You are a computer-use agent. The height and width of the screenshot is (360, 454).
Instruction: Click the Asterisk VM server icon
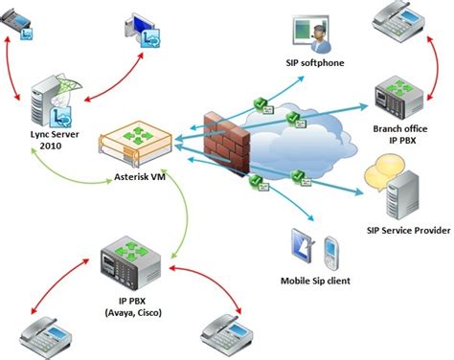tap(136, 144)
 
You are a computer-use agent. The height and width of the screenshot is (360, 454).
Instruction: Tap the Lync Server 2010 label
tap(55, 140)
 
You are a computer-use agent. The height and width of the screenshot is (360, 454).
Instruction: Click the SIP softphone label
tap(315, 62)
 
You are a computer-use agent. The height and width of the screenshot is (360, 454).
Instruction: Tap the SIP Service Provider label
tap(408, 230)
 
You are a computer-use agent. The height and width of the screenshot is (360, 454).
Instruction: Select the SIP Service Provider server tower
tap(402, 195)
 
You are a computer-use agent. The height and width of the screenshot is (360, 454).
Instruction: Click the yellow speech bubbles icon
tap(380, 171)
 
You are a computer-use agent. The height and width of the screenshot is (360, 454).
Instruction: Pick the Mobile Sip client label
tap(315, 281)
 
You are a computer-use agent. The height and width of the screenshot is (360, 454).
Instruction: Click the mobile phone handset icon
tap(331, 253)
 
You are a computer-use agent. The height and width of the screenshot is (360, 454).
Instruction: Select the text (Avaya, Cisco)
tap(133, 312)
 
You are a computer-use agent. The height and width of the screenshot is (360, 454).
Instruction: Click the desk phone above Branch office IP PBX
tap(398, 22)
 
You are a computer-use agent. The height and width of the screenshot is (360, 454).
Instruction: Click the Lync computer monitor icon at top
tap(142, 30)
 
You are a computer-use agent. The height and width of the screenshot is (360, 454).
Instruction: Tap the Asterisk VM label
tap(140, 176)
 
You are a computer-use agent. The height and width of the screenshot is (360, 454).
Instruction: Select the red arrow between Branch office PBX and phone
tap(437, 68)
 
